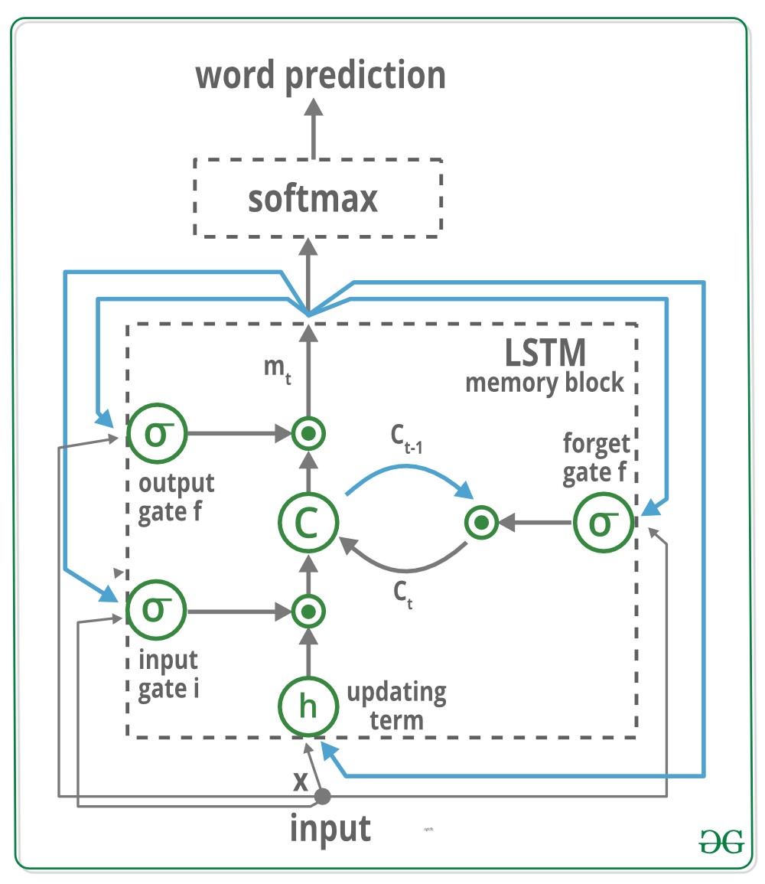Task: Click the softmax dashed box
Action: coord(318,197)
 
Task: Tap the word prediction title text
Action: coord(321,76)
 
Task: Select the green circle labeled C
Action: coord(308,524)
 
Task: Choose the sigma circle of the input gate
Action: coord(155,611)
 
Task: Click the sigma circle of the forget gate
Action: coord(603,523)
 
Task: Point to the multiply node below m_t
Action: coord(308,434)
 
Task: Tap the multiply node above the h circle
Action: coord(308,612)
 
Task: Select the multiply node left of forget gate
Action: coord(481,524)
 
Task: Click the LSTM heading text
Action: coord(545,352)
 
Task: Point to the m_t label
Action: coord(277,368)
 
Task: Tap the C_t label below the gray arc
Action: coord(403,593)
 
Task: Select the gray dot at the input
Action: coord(323,797)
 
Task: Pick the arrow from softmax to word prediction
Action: coord(312,130)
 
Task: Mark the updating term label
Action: coord(396,706)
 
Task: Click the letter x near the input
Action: coord(301,781)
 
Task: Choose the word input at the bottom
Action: coord(330,829)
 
